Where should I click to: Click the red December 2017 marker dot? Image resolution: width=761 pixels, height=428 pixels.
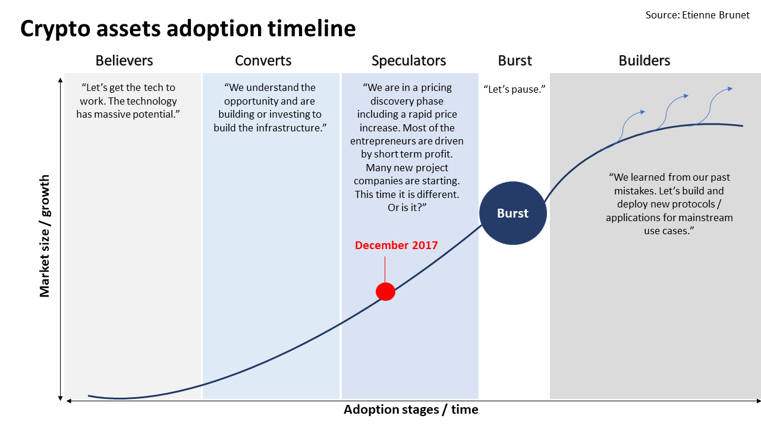tap(385, 291)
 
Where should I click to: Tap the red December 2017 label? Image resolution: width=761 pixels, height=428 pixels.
tap(396, 245)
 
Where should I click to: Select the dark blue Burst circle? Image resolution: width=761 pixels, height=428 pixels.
tap(512, 213)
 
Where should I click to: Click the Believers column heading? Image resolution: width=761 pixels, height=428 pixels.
tap(124, 61)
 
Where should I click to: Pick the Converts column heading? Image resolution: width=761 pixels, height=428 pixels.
tap(263, 61)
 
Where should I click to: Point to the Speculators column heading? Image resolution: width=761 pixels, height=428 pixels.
tap(408, 61)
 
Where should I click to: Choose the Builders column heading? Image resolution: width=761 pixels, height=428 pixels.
tap(644, 61)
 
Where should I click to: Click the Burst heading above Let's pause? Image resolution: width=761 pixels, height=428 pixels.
tap(515, 61)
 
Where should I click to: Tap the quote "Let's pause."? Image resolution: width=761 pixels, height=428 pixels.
tap(515, 89)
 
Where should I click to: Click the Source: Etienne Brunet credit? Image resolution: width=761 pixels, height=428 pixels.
tap(697, 15)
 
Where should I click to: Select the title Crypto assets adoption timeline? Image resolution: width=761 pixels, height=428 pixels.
tap(188, 29)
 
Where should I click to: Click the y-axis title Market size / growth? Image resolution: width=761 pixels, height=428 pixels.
tap(45, 236)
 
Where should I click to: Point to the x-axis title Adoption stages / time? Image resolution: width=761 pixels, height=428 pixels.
tap(411, 410)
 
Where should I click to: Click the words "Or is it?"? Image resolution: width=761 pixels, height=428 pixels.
tap(407, 207)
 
